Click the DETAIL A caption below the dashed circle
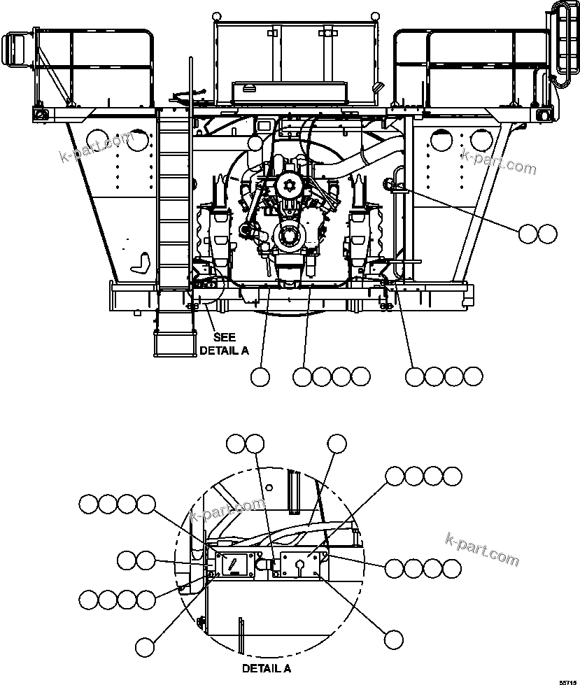[267, 668]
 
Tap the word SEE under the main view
[224, 337]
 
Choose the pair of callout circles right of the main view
[537, 234]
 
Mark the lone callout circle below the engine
[260, 376]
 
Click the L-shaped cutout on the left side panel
[143, 262]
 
